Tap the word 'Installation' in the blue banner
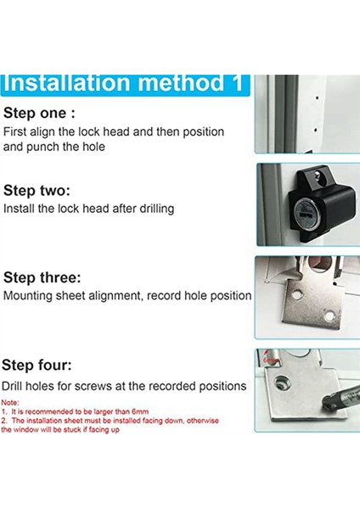[x=67, y=83]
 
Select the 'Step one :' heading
[x=39, y=114]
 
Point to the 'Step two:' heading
[x=37, y=191]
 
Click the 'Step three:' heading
[x=42, y=278]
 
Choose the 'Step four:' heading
[x=37, y=365]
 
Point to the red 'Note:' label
[x=10, y=402]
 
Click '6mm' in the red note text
[x=140, y=411]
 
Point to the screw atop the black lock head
[x=318, y=176]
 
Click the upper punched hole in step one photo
[x=317, y=98]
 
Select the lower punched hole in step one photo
[x=316, y=131]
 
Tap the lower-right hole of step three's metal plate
[x=329, y=316]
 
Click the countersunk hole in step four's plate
[x=279, y=382]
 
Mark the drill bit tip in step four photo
[x=325, y=404]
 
